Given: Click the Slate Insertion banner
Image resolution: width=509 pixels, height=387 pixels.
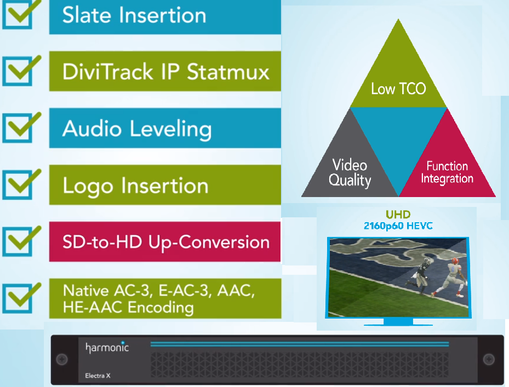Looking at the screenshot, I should (x=164, y=16).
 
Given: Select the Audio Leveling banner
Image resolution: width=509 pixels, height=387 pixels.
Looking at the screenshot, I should (x=164, y=129).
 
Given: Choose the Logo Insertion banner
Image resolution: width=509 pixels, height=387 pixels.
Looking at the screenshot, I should (x=164, y=186).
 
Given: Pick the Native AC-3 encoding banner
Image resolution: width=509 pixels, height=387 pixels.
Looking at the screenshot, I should (x=164, y=298).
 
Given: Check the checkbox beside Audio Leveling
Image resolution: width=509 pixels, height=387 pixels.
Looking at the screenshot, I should (x=20, y=128).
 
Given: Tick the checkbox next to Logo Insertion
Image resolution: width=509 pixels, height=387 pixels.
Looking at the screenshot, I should (x=20, y=185).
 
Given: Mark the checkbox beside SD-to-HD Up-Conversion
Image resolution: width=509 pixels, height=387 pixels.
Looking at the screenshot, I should (x=20, y=241).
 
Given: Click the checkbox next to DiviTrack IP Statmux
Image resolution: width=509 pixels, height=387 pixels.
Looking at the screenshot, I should (x=20, y=71).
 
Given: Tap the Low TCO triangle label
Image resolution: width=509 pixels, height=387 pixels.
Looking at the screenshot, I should (x=398, y=89).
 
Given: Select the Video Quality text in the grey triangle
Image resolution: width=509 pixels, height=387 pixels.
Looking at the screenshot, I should (x=350, y=172).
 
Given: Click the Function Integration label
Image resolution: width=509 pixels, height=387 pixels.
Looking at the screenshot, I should (x=447, y=172).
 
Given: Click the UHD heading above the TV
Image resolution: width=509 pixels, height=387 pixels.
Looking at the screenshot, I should (x=398, y=215).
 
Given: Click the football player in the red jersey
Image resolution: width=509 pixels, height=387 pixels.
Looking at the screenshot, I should (x=450, y=276).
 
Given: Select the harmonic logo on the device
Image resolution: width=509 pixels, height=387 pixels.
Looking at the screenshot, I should (x=107, y=347).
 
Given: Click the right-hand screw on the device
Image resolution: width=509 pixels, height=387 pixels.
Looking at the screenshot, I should (x=488, y=359).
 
